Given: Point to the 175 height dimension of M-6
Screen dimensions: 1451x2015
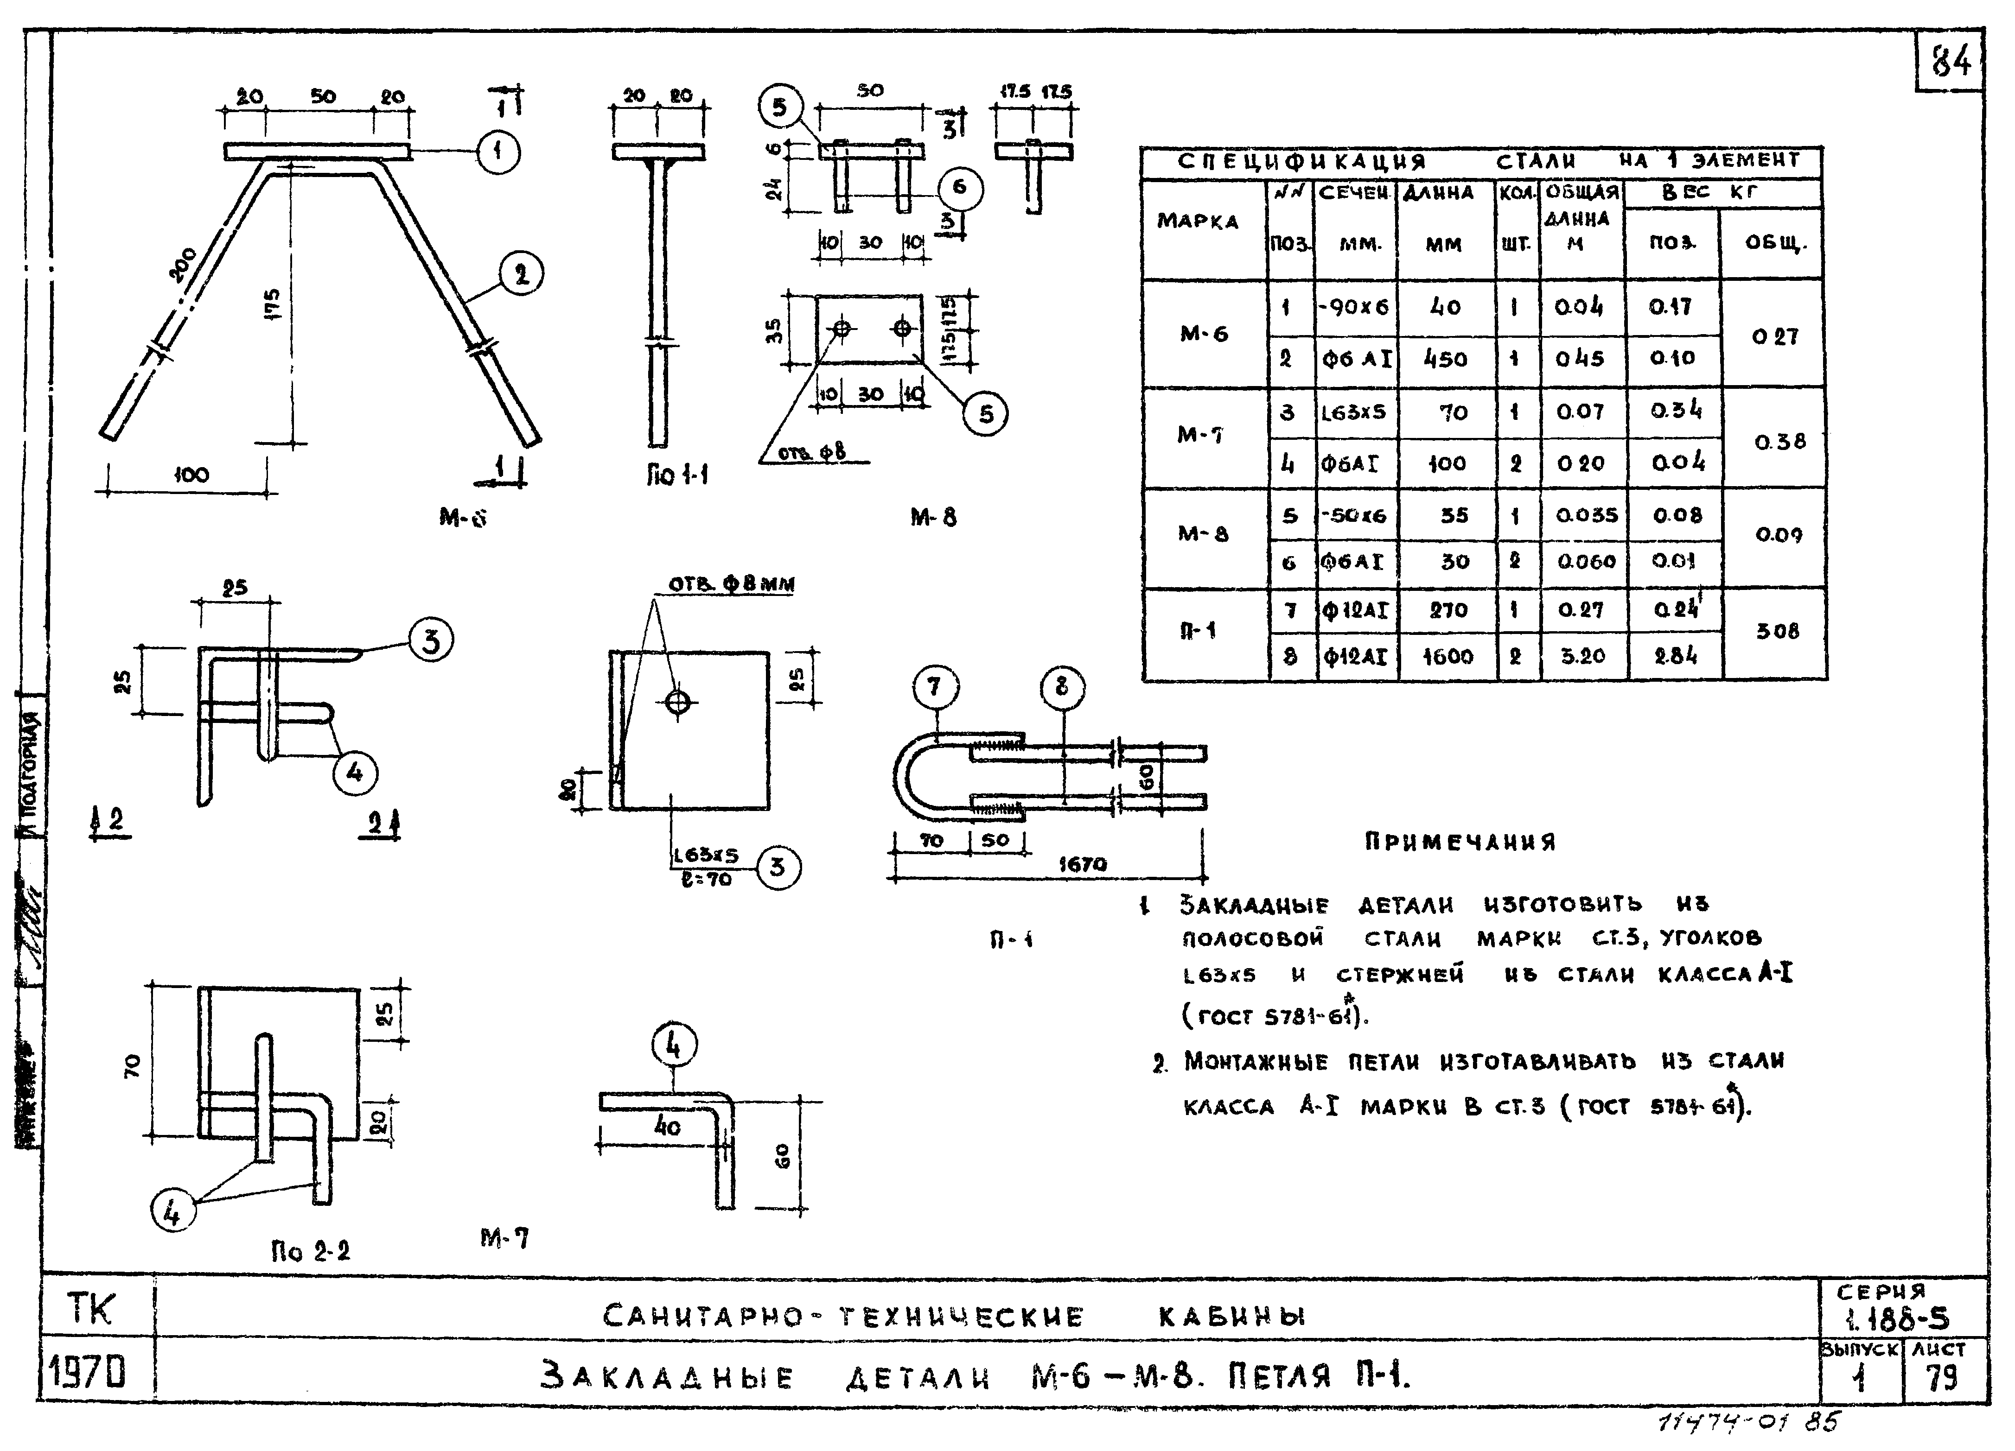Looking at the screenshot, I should [x=273, y=304].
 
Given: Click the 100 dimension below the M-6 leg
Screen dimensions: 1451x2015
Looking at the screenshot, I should [x=191, y=475].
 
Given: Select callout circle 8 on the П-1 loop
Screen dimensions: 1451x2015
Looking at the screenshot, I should [x=1062, y=687].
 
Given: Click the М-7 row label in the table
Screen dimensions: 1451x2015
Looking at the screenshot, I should [x=1201, y=435].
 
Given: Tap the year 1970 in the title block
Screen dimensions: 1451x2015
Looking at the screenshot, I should [x=86, y=1374].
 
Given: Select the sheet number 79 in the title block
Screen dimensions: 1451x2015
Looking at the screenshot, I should [x=1943, y=1378].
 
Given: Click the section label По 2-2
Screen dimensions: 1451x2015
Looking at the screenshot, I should [x=310, y=1251].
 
